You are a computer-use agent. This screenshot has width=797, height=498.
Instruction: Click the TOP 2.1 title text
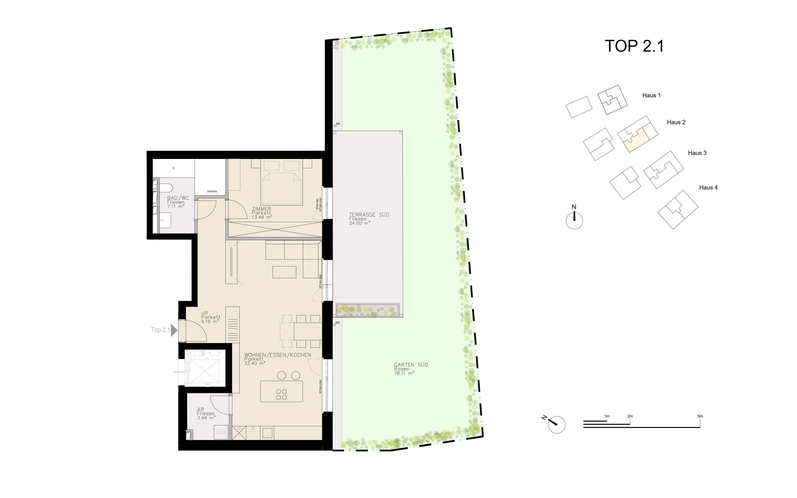pyautogui.click(x=634, y=46)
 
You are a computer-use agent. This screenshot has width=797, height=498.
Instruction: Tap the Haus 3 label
pyautogui.click(x=697, y=153)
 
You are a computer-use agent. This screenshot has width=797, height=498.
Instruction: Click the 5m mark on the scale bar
pyautogui.click(x=700, y=416)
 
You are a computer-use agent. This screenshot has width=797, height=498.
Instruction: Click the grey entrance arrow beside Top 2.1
pyautogui.click(x=174, y=330)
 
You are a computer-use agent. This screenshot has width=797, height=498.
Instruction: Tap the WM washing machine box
pyautogui.click(x=221, y=432)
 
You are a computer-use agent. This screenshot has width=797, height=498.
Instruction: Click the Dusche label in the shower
pyautogui.click(x=212, y=191)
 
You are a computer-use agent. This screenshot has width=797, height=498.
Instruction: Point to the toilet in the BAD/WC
pyautogui.click(x=166, y=188)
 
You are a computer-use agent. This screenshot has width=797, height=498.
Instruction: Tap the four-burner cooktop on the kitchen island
pyautogui.click(x=282, y=394)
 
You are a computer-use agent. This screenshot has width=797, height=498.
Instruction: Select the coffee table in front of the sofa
pyautogui.click(x=284, y=272)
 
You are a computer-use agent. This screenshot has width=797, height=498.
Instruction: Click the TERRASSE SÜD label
pyautogui.click(x=369, y=215)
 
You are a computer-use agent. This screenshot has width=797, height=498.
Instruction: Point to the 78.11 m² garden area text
pyautogui.click(x=404, y=373)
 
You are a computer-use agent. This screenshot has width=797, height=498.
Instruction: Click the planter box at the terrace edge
pyautogui.click(x=367, y=310)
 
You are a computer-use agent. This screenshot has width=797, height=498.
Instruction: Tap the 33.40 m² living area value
pyautogui.click(x=255, y=363)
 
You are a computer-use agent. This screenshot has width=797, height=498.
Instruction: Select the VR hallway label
pyautogui.click(x=204, y=313)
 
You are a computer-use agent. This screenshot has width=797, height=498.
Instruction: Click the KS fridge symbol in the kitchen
pyautogui.click(x=239, y=432)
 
